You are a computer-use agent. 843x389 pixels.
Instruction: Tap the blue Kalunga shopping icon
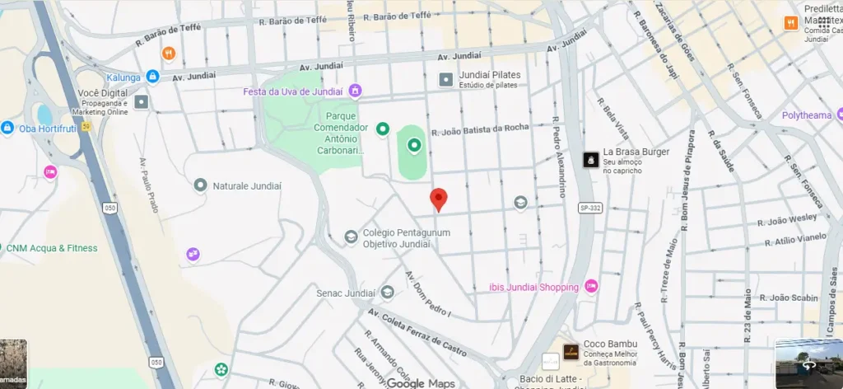click(152, 76)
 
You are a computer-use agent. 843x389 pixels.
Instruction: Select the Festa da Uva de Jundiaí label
click(294, 91)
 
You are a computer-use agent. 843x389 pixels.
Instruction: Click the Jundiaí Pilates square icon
click(445, 80)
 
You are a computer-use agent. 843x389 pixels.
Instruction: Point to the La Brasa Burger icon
click(590, 160)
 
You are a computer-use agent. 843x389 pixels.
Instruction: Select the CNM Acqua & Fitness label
click(50, 248)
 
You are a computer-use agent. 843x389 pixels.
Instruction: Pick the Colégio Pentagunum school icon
click(352, 237)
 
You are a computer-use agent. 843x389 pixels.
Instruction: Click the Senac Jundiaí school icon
click(387, 292)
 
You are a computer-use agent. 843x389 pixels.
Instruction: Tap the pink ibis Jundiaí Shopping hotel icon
click(591, 287)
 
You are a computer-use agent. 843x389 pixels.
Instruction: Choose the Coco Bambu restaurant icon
click(571, 352)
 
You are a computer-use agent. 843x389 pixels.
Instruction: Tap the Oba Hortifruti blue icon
click(7, 128)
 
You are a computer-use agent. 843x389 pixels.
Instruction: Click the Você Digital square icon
click(142, 102)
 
